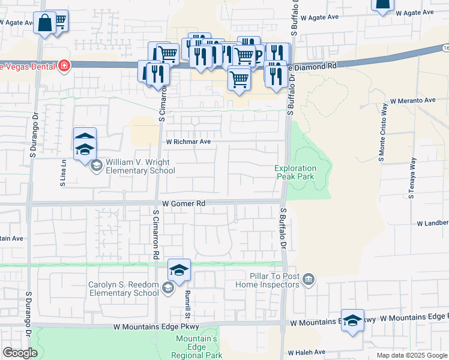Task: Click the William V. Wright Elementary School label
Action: pyautogui.click(x=137, y=167)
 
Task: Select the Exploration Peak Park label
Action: pyautogui.click(x=295, y=172)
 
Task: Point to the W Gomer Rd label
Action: pyautogui.click(x=184, y=203)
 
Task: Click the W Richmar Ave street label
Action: pyautogui.click(x=188, y=142)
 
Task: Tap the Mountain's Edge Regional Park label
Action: pyautogui.click(x=196, y=347)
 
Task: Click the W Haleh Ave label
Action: pyautogui.click(x=307, y=352)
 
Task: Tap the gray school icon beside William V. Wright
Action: pyautogui.click(x=97, y=166)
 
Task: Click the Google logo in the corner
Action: pyautogui.click(x=20, y=353)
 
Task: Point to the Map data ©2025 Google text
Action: pyautogui.click(x=412, y=355)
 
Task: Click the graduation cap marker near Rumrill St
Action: pyautogui.click(x=179, y=270)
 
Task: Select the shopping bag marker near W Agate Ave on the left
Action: pyautogui.click(x=45, y=23)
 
